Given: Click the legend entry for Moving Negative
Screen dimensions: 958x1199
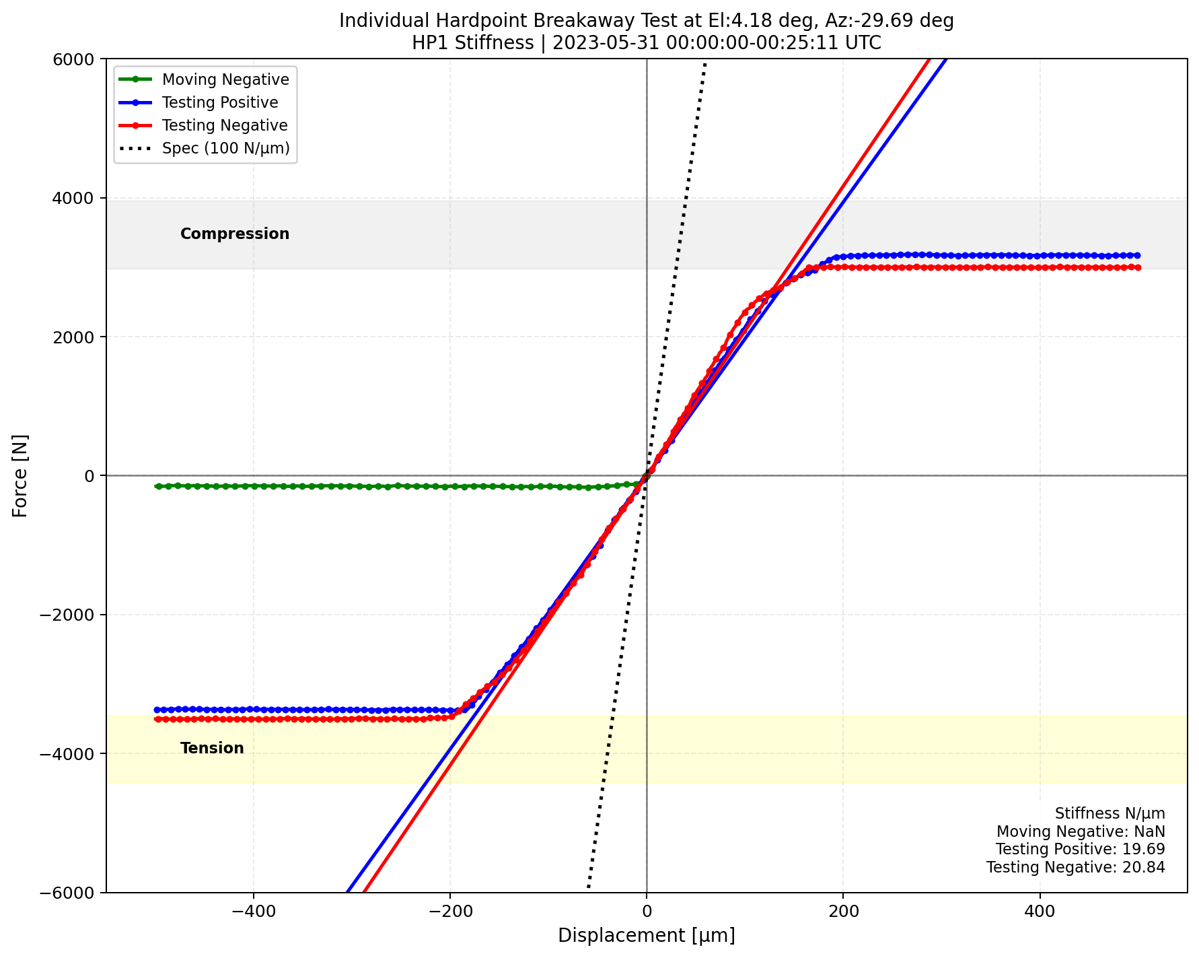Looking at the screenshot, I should (225, 79).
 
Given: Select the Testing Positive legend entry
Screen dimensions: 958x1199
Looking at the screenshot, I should (220, 102).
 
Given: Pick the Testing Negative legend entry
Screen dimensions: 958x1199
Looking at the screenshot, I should (225, 125).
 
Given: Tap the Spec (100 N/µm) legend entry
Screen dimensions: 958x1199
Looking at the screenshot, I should (225, 148).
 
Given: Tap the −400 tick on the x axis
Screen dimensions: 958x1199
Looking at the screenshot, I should (253, 911).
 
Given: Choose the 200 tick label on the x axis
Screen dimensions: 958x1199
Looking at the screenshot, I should (844, 911).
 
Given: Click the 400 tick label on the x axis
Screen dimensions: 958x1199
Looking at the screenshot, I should (1040, 911).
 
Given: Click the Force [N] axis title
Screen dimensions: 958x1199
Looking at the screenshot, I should (21, 475).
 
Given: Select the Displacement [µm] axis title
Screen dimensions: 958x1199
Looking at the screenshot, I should (646, 936).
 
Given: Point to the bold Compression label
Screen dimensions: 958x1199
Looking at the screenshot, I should (235, 234).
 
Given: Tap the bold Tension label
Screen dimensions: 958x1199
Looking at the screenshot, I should (212, 748).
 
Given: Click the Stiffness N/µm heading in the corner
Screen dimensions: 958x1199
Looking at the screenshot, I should (1110, 813).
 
